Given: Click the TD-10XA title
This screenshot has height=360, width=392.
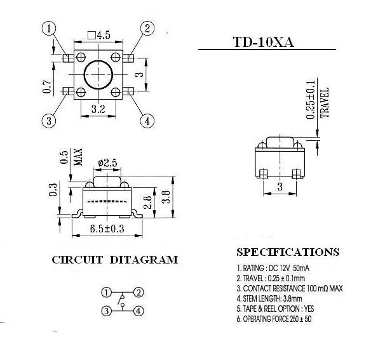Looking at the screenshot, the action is click(x=263, y=42).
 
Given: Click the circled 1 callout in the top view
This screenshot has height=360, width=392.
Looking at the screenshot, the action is click(x=49, y=29).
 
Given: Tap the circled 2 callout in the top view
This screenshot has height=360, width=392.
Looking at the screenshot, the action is click(x=147, y=28).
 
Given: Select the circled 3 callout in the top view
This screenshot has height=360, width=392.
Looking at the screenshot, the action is click(x=49, y=121).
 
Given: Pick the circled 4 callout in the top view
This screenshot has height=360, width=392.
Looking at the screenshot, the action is click(x=147, y=121).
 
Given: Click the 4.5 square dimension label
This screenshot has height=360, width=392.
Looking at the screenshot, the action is click(x=98, y=35).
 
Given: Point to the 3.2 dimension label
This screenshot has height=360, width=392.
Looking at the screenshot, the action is click(x=98, y=109).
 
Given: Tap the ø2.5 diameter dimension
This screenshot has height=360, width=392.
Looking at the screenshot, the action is click(x=107, y=163).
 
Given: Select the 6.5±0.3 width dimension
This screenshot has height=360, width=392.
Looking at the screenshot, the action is click(x=107, y=229).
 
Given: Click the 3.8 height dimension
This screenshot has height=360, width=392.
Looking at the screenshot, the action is click(x=166, y=197).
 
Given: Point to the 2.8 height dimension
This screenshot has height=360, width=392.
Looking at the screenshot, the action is click(x=148, y=203).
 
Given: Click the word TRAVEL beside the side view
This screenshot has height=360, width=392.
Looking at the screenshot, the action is click(x=325, y=103).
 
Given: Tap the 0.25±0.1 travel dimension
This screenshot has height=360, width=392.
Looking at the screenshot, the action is click(x=311, y=100).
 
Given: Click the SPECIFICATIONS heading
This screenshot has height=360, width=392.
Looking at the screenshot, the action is click(x=288, y=252).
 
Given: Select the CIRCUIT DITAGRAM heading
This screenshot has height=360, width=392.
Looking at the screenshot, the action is click(x=115, y=260).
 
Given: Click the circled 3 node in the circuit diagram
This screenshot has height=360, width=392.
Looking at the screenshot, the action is click(x=107, y=311).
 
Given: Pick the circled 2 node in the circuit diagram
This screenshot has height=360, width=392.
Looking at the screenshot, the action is click(x=139, y=292).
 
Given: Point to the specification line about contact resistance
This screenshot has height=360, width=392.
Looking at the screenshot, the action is click(x=290, y=288).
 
